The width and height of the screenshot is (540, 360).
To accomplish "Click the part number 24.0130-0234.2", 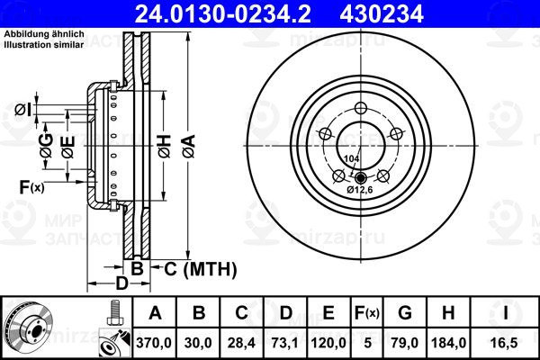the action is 223,14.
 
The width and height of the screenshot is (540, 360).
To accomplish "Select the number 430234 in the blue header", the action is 382,14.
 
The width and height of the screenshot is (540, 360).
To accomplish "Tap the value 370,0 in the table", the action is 154,343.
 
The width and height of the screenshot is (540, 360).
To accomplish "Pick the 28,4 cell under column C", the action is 241,343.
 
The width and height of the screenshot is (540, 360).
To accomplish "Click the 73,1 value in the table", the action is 285,343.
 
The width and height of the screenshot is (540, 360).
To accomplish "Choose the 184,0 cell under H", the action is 449,343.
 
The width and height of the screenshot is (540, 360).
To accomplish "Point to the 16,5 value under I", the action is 505,343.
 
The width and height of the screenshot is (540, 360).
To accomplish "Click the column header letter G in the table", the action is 405,313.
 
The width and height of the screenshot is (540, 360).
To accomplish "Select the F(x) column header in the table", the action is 367,313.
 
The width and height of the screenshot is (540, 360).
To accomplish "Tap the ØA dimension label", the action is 189,146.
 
